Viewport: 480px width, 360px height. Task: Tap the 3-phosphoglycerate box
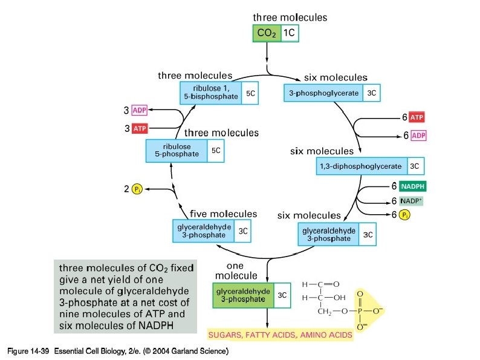(324, 93)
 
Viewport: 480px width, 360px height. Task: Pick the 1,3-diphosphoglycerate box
(361, 165)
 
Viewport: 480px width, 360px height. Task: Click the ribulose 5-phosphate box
(177, 151)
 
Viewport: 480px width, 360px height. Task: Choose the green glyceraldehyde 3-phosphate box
(243, 295)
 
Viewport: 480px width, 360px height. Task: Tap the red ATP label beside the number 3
(140, 128)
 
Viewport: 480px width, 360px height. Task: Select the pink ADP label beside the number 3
(140, 111)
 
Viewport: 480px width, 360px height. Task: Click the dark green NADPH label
(414, 187)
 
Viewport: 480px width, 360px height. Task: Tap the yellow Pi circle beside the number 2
(137, 189)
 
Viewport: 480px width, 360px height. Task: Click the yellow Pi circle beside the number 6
(404, 215)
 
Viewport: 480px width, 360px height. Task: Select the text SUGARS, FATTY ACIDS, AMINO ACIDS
(279, 334)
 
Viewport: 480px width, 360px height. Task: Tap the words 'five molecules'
(223, 214)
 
